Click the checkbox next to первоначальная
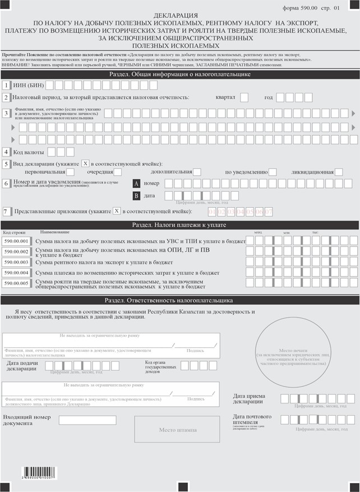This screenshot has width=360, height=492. tap(70, 172)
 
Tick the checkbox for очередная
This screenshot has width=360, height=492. tap(118, 172)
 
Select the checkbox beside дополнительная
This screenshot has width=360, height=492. tap(197, 172)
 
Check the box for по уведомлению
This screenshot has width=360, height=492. tap(273, 172)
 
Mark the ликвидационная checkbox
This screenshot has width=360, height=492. tap(339, 172)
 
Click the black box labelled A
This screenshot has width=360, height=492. tap(136, 183)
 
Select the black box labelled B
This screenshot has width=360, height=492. tap(136, 196)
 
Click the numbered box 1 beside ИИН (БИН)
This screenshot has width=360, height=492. tap(6, 86)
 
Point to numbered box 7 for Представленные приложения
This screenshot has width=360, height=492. tap(6, 211)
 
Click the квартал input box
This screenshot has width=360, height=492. tap(244, 98)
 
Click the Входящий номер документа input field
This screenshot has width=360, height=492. tap(87, 420)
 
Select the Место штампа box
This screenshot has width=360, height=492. tap(178, 430)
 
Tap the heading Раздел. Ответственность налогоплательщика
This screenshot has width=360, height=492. tap(180, 300)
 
